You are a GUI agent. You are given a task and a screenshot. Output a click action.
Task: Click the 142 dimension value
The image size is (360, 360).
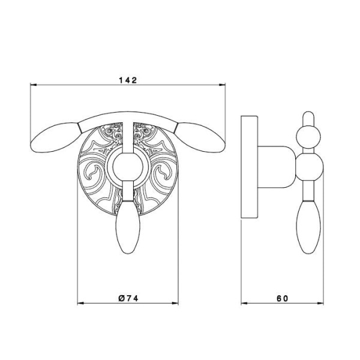click(x=128, y=80)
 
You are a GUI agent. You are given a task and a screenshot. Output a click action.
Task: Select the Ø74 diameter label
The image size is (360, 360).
click(x=128, y=298)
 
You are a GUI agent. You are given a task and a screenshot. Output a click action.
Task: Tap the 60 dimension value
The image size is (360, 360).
click(x=282, y=298)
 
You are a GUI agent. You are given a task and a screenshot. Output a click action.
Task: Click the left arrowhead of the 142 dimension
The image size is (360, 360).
click(x=34, y=85)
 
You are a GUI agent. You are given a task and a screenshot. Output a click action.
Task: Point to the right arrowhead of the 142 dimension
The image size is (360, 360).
click(x=222, y=85)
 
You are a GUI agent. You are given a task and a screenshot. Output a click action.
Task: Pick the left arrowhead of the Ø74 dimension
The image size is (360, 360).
click(x=80, y=304)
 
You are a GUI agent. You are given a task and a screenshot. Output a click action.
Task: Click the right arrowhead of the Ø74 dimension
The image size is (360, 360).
click(x=175, y=304)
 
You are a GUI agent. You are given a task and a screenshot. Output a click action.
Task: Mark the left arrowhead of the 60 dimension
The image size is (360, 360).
click(x=244, y=303)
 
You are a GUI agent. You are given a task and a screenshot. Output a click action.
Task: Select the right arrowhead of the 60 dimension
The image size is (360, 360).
click(x=320, y=303)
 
